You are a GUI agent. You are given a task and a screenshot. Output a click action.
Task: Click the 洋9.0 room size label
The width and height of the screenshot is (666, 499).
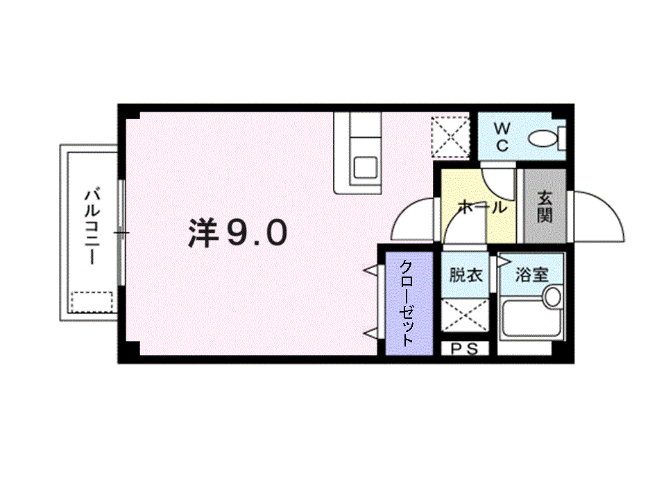(x=238, y=233)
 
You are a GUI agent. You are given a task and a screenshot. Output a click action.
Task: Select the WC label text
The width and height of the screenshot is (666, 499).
(x=502, y=137)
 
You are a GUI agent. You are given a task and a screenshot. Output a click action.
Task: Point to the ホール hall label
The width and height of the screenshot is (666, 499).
(x=483, y=207)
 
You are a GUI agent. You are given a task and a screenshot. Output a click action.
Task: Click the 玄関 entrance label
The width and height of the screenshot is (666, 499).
(x=545, y=207)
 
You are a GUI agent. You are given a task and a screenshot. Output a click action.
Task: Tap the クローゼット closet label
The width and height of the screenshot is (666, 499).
(x=407, y=303)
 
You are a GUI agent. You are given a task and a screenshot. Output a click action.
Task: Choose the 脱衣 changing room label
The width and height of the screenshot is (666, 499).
(x=466, y=275)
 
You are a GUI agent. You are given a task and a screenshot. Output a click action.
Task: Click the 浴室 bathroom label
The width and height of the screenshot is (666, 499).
(x=532, y=274)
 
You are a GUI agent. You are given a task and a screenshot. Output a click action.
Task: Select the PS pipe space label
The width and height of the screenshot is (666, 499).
(x=464, y=349)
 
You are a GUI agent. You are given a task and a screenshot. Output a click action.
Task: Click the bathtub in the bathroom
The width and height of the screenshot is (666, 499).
(x=531, y=318)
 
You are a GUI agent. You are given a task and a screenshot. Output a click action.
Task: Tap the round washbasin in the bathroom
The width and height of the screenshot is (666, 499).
(x=552, y=297)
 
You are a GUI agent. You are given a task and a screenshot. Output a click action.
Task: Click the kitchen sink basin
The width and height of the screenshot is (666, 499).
(x=366, y=168)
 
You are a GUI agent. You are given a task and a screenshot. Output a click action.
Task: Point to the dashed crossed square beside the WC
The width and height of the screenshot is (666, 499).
(x=450, y=137)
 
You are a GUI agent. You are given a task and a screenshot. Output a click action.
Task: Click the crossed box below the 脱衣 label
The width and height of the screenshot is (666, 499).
(x=465, y=315)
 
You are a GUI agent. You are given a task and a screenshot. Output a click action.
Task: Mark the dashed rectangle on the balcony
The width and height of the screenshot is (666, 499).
(x=92, y=301)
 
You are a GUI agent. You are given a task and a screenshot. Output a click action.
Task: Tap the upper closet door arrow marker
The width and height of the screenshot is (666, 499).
(x=370, y=270)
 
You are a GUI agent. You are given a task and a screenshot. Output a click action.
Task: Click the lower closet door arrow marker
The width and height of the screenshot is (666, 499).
(x=370, y=333)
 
